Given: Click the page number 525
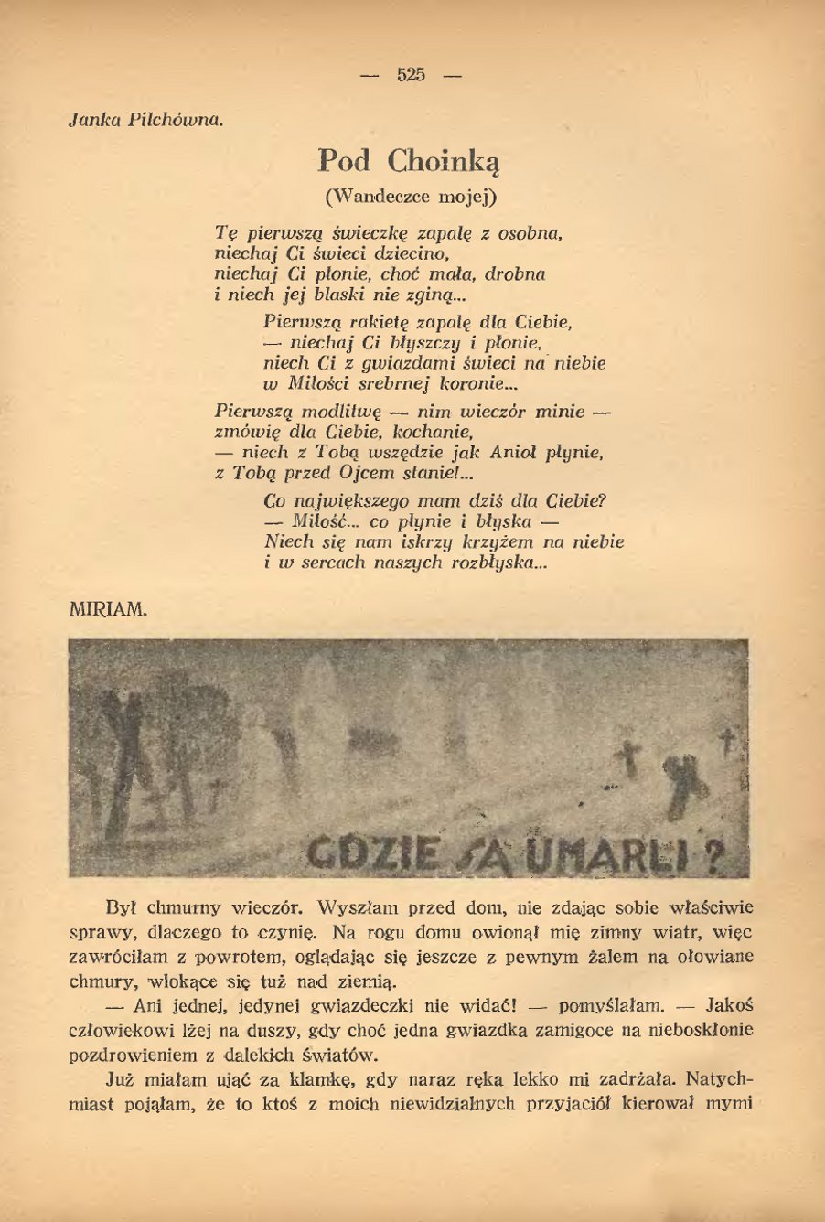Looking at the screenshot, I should (x=412, y=75).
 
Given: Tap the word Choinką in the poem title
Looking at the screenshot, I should (x=445, y=162).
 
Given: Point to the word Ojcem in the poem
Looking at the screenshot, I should (x=366, y=474).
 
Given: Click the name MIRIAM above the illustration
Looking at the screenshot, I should (x=107, y=610).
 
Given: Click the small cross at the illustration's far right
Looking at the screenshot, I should (x=729, y=739).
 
